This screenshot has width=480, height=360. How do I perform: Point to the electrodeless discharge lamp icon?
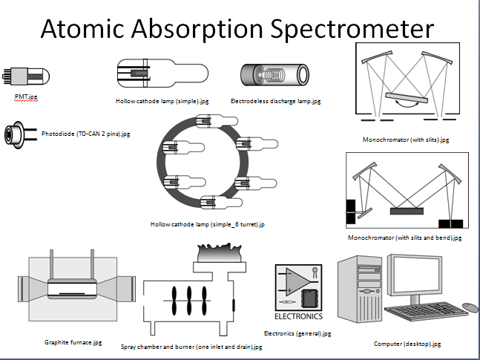point(274,75)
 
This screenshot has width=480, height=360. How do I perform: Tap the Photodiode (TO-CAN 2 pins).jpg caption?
point(86,134)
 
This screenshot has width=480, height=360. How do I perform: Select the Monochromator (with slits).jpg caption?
point(406,139)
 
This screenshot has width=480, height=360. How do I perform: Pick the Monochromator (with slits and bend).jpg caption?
point(404,238)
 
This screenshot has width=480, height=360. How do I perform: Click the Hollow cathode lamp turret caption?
point(208,223)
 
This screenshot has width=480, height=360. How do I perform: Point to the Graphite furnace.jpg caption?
point(72,342)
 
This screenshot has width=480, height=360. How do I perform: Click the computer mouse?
point(470,307)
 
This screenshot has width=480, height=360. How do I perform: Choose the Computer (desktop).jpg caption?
point(407,344)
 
